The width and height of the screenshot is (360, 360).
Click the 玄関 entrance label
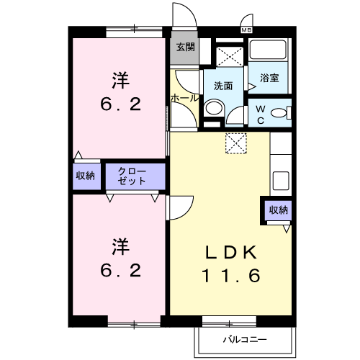(184, 48)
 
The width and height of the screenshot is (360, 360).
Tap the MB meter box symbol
(247, 30)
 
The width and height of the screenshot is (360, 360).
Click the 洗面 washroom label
(223, 86)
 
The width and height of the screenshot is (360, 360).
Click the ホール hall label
(184, 97)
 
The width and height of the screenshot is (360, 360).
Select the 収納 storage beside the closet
(86, 176)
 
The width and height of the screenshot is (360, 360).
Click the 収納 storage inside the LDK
(278, 210)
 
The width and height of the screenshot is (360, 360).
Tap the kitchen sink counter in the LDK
(282, 178)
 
